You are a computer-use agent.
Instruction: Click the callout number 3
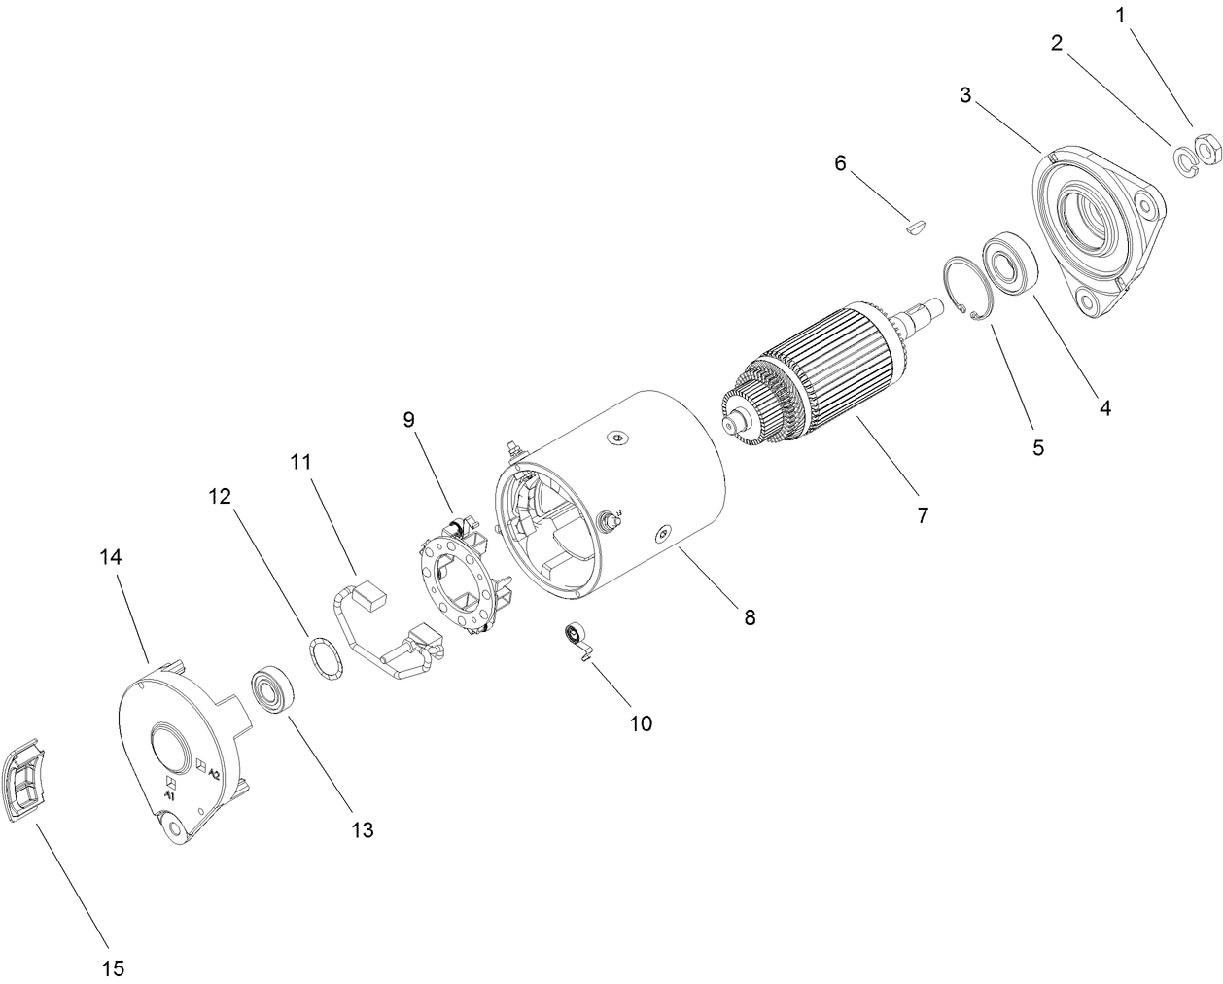pos(964,95)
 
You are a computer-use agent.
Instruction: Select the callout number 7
pos(923,514)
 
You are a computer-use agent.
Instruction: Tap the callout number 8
pos(750,616)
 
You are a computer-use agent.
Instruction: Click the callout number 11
pos(299,462)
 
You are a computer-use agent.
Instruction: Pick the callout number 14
pos(112,557)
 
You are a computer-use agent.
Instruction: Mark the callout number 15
pos(113,967)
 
